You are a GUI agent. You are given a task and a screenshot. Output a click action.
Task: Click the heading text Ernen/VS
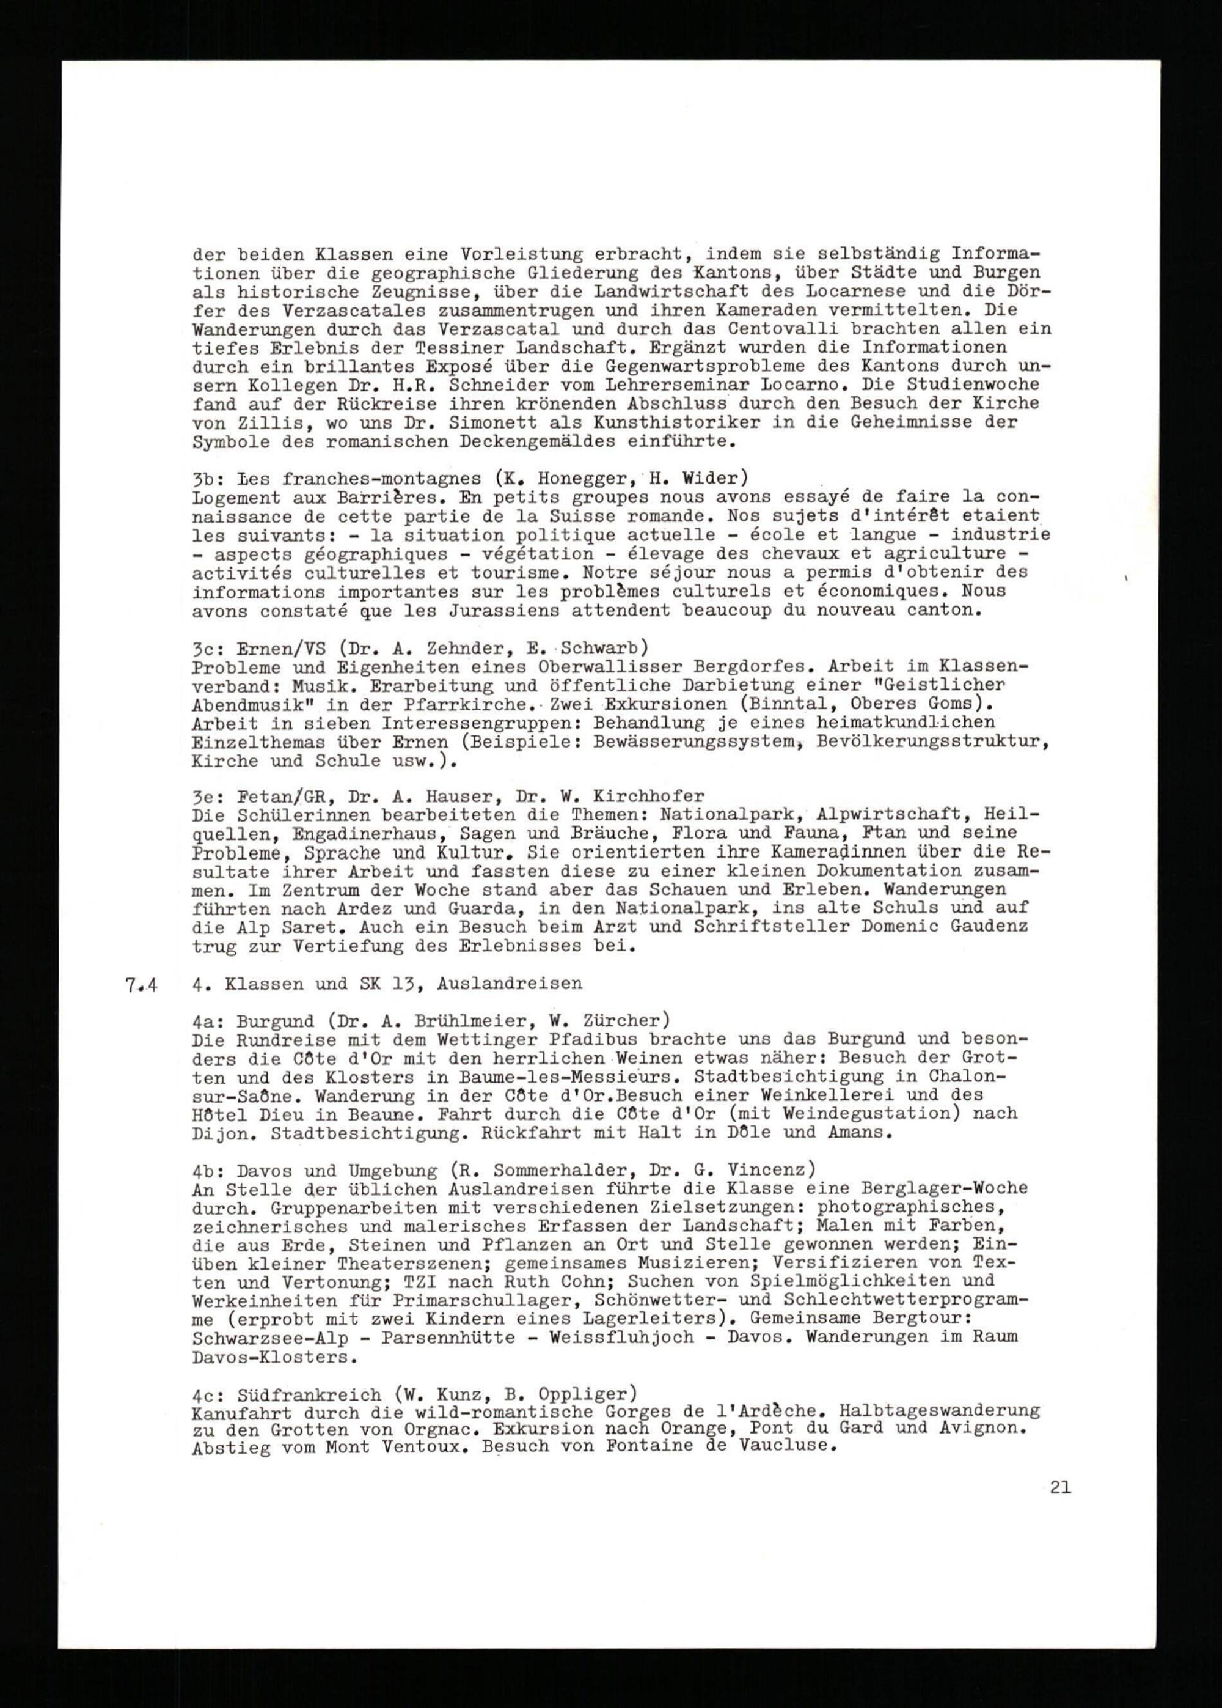(x=279, y=649)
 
